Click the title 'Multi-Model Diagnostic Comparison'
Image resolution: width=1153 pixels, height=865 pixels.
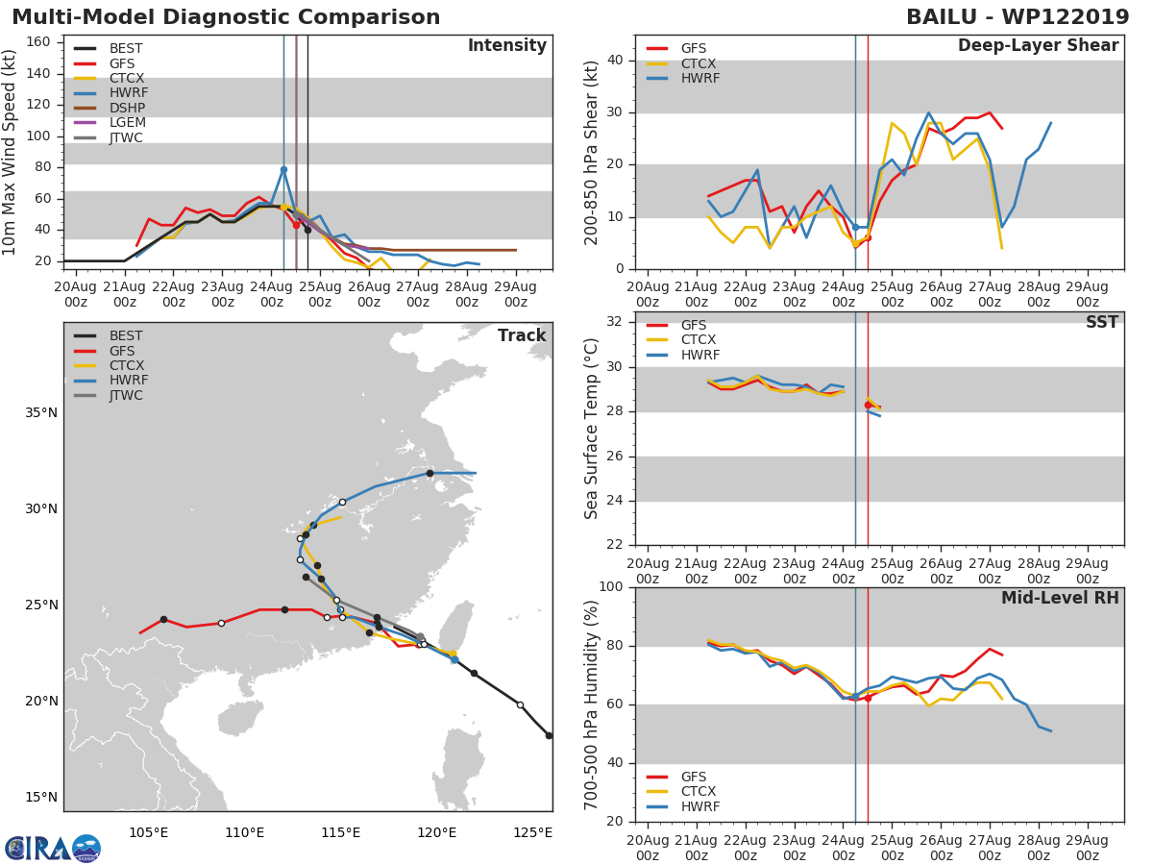[226, 17]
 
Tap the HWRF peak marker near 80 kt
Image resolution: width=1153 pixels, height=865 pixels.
[283, 169]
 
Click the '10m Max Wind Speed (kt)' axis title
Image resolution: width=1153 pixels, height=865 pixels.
[11, 153]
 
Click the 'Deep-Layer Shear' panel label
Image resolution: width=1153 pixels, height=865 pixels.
[1038, 46]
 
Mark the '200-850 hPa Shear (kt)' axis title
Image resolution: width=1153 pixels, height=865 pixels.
[592, 153]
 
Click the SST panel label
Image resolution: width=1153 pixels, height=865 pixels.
[1101, 323]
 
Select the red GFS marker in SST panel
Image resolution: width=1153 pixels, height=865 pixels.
[868, 405]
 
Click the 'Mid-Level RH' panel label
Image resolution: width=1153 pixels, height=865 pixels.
[1060, 599]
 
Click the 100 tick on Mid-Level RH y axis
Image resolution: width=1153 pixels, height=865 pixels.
[610, 587]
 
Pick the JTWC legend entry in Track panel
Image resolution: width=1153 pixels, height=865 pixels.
[126, 396]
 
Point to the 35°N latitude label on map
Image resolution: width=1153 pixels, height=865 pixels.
[39, 413]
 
